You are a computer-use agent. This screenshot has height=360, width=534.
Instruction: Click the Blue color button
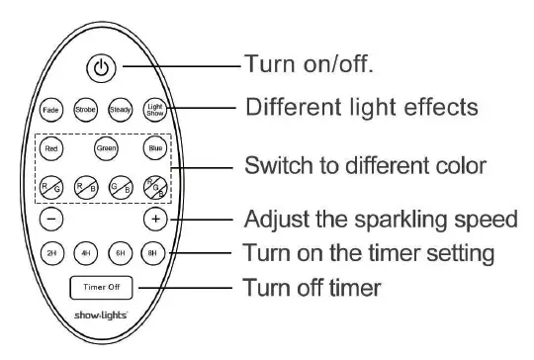click(154, 149)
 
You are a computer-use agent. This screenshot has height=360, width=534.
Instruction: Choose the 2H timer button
click(52, 252)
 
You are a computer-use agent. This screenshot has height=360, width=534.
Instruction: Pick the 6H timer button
click(121, 252)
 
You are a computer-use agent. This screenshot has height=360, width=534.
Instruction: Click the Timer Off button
click(103, 289)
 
